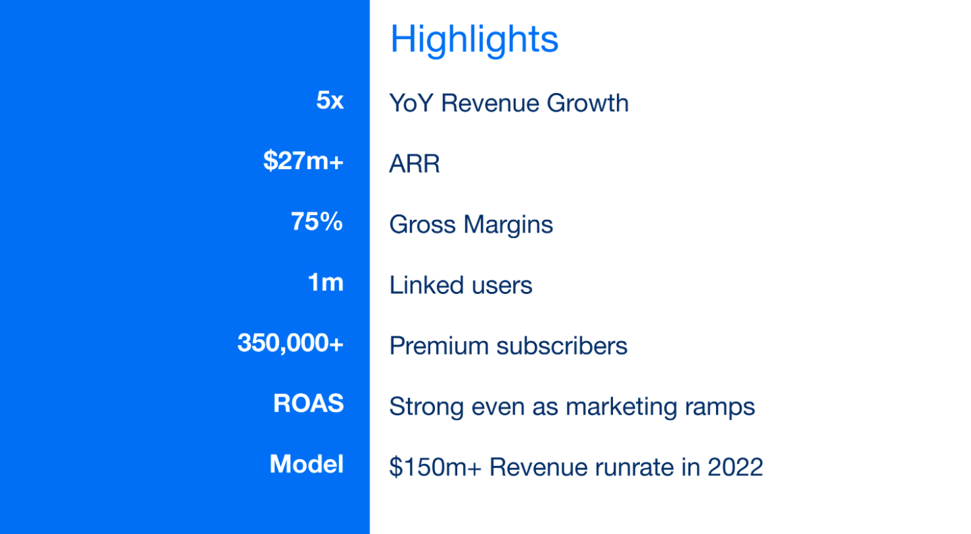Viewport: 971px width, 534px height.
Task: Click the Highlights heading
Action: [474, 40]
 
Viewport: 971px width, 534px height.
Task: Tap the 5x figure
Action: [330, 100]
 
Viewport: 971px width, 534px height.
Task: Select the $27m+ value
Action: [303, 160]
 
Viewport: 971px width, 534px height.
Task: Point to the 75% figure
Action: [317, 221]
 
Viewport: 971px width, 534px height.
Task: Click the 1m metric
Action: [326, 282]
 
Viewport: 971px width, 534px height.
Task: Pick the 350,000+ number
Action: [291, 343]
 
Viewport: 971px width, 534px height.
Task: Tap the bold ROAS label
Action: [309, 403]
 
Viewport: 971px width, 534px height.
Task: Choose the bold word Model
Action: [306, 464]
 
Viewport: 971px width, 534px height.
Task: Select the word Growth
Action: [587, 103]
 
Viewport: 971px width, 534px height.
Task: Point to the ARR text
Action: [415, 164]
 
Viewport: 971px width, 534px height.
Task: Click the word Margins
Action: [508, 225]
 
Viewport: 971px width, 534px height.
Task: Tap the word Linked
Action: [427, 285]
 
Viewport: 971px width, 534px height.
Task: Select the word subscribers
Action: [562, 346]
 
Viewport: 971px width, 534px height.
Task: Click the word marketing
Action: [621, 407]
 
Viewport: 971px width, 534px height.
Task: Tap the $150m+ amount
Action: [435, 467]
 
